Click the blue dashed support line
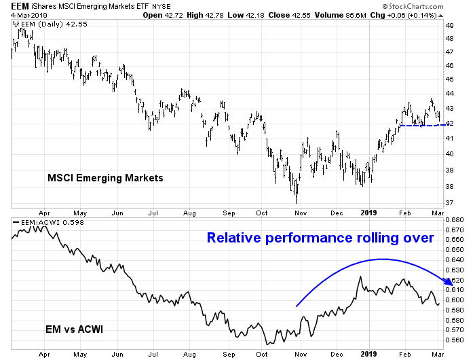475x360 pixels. point(424,125)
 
